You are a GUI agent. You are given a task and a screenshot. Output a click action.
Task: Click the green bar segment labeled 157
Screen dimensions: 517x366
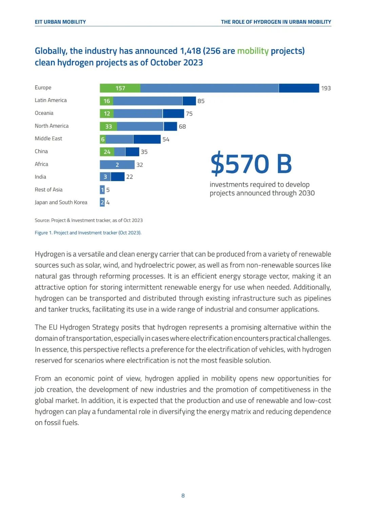[120, 88]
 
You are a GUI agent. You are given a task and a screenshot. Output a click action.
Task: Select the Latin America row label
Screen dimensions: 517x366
[50, 100]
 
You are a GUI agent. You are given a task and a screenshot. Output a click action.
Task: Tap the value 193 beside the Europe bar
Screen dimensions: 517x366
[326, 88]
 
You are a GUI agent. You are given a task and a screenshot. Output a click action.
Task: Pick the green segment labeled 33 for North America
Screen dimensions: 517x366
[108, 126]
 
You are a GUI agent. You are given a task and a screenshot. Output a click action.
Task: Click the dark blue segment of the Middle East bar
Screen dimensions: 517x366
[147, 139]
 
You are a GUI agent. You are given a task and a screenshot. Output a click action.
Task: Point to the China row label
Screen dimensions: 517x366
[41, 151]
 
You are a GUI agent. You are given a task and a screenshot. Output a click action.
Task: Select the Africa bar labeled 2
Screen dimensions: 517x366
[117, 165]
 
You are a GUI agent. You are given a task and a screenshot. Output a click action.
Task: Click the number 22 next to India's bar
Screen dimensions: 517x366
[129, 177]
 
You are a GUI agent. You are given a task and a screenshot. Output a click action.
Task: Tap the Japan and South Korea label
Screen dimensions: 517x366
[61, 202]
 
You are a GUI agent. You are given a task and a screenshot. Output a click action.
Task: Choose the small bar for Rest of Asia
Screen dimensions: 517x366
[102, 190]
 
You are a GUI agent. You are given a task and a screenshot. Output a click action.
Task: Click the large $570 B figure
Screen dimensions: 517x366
[251, 164]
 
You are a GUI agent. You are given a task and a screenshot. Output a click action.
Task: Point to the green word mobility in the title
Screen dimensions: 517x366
[253, 51]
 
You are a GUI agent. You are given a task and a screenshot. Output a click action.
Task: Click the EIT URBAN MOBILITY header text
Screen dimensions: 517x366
[60, 22]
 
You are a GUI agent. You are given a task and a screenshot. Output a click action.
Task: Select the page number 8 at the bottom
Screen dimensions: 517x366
[183, 496]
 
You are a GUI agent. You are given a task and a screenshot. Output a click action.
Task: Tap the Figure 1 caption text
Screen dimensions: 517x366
[88, 233]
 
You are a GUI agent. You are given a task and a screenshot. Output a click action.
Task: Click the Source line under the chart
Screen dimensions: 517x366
[88, 220]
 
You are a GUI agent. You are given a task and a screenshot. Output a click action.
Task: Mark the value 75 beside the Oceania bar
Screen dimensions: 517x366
[189, 114]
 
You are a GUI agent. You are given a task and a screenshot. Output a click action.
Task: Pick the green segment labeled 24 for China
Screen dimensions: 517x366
[107, 152]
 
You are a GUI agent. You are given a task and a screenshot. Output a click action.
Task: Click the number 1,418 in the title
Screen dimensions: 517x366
[190, 51]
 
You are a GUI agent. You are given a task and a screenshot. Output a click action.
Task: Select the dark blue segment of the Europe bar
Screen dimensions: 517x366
[299, 88]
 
